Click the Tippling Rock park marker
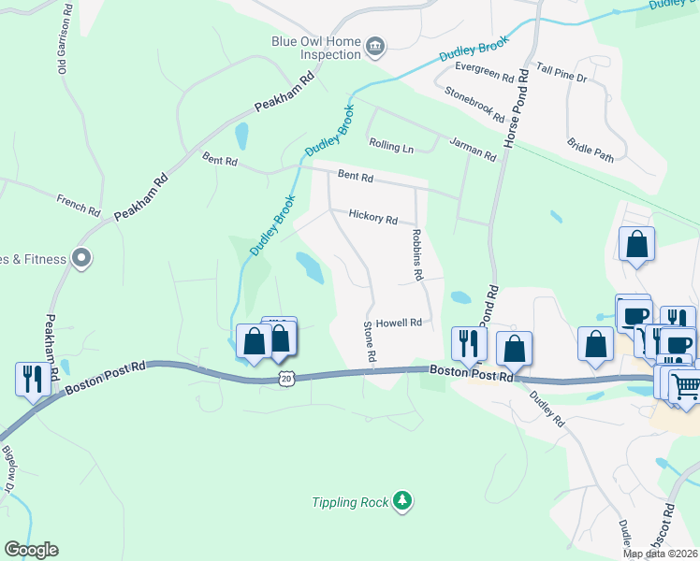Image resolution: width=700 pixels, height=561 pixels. [x=402, y=501]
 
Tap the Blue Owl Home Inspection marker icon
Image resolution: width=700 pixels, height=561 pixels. [x=375, y=46]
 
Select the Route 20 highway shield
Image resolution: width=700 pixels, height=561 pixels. [x=286, y=378]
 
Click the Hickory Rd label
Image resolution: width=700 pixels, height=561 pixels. [x=372, y=217]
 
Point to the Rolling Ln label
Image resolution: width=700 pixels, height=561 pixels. [x=391, y=148]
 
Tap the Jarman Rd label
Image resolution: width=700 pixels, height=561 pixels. [x=472, y=149]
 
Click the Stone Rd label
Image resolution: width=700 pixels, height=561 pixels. [x=369, y=342]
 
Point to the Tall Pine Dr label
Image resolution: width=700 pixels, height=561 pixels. [x=561, y=73]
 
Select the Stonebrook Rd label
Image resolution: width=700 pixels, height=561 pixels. [x=474, y=106]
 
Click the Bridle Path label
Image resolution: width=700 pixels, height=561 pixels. [x=591, y=151]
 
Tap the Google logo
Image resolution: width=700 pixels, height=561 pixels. [x=31, y=550]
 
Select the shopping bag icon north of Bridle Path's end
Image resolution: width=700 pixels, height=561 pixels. [x=636, y=245]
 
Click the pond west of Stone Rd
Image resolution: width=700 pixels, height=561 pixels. [x=310, y=267]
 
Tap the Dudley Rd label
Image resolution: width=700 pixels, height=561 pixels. [x=547, y=410]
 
